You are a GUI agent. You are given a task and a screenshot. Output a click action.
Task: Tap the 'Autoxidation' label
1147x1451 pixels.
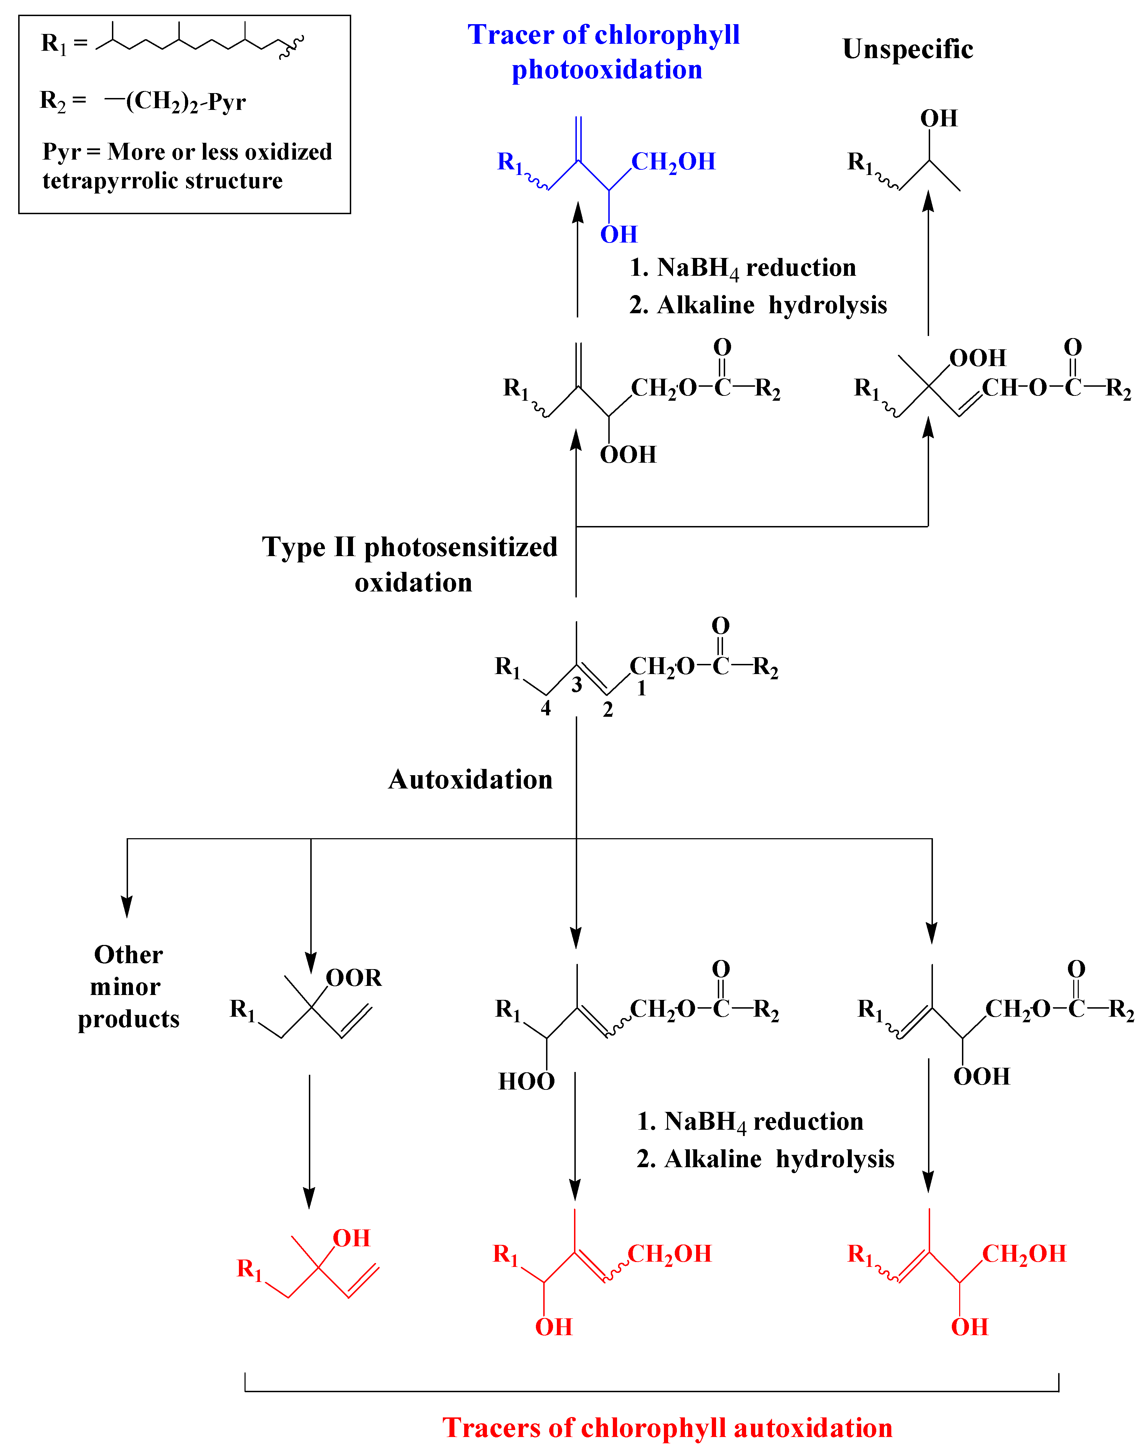(470, 779)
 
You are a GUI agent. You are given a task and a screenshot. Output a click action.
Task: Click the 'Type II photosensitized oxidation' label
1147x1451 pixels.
(410, 564)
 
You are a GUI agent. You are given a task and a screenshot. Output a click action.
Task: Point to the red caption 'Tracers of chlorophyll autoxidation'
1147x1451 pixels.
(667, 1428)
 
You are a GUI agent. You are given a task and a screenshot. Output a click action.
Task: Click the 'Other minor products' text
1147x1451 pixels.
(128, 987)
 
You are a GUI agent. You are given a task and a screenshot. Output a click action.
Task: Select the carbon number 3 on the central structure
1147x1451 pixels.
(576, 685)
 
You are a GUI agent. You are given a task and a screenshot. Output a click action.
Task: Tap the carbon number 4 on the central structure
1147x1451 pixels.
(545, 708)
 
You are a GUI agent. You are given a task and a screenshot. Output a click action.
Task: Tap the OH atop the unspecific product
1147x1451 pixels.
(938, 118)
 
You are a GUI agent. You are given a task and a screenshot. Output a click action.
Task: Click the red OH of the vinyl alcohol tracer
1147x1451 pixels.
(351, 1238)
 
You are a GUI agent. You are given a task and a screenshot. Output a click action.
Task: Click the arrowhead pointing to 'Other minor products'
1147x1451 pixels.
(127, 907)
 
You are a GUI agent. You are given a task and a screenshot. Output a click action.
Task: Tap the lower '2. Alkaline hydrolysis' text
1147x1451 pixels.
(766, 1159)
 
